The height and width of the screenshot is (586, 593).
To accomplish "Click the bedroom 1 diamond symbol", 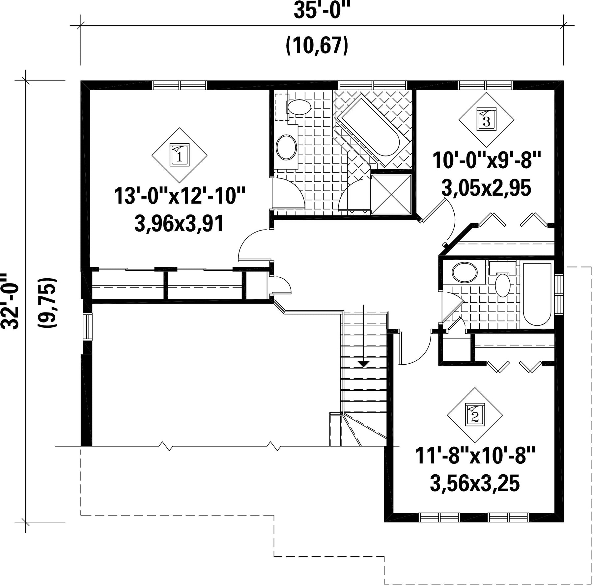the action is [180, 155].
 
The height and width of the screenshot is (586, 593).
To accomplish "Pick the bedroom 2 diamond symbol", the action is [475, 415].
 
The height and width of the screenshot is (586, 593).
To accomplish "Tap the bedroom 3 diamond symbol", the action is [486, 120].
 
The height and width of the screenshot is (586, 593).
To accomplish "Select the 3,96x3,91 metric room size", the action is [179, 223].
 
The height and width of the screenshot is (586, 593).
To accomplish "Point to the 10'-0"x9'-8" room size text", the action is [487, 160].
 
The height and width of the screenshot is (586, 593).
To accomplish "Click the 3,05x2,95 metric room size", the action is [486, 188].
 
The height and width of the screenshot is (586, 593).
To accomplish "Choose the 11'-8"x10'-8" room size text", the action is [475, 456].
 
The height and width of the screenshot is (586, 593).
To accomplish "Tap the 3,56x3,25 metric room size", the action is [475, 483].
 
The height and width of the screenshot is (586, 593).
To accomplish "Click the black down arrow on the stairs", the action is [363, 364].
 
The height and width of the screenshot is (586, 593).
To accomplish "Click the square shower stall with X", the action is [391, 194].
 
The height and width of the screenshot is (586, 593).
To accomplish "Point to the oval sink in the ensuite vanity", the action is [286, 147].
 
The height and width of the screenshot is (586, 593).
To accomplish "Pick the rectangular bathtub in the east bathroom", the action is [537, 294].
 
